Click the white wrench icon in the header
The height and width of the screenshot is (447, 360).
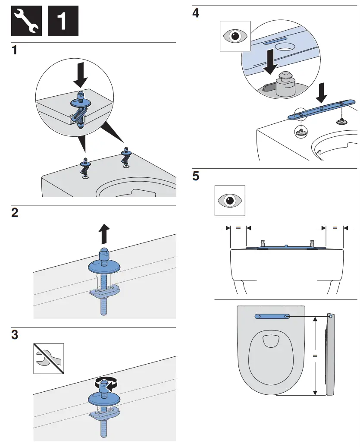(26, 21)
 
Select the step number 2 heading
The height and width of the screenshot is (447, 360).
(15, 213)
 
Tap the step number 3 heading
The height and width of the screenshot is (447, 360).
(15, 335)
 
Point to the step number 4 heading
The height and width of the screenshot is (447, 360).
(196, 13)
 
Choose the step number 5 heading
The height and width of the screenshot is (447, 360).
(196, 176)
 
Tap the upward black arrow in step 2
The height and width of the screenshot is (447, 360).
(103, 235)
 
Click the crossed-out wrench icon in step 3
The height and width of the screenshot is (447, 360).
(48, 358)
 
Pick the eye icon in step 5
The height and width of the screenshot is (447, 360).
(230, 201)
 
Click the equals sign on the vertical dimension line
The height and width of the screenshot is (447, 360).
(315, 356)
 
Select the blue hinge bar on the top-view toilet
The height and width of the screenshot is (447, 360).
(272, 316)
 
